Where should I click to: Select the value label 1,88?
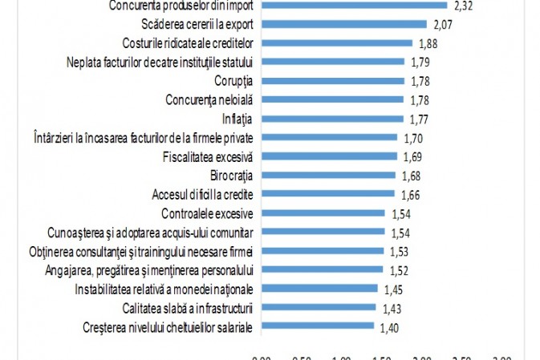428,43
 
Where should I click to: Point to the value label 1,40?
390,326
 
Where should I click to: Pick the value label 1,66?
410,194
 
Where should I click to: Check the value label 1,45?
394,289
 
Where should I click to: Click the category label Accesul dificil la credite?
203,194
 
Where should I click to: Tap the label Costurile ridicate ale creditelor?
189,43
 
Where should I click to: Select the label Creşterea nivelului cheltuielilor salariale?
168,326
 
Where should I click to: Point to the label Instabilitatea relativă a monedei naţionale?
164,289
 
